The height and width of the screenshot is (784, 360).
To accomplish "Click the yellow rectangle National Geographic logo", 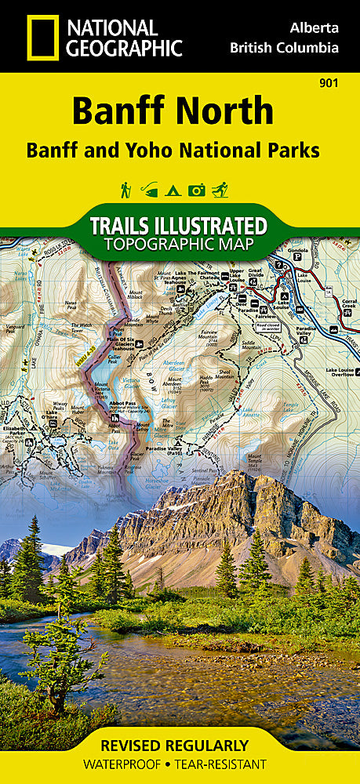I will tap(42, 37).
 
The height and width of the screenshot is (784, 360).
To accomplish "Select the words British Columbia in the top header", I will tap(284, 48).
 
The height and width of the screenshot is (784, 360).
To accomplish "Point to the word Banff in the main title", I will tap(118, 111).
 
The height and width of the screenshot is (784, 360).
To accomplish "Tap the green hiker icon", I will tap(125, 190).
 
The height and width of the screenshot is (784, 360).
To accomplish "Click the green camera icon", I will tap(197, 190).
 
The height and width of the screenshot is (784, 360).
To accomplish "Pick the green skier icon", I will tap(221, 190).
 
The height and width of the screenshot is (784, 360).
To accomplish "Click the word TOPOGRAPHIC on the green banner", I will tap(180, 245).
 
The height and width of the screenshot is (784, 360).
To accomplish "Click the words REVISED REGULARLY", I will tap(180, 746).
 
